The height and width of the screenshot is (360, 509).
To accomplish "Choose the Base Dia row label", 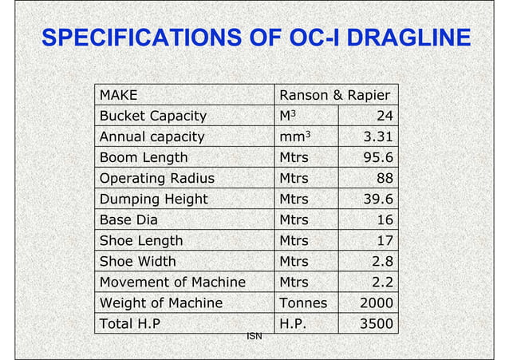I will [x=126, y=220].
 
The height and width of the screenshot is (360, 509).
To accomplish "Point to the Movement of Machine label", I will [x=172, y=282].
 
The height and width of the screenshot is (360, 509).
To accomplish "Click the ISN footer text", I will [x=254, y=337].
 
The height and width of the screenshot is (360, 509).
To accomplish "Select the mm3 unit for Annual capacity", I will [x=291, y=136].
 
